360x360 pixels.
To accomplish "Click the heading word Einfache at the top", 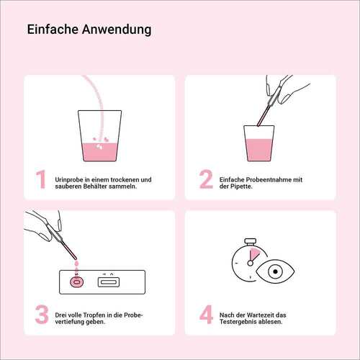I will point(51,30).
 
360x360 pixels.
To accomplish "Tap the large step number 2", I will point(205,181).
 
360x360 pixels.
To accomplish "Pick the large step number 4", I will point(205,316).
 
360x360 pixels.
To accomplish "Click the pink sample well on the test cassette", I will point(76,282).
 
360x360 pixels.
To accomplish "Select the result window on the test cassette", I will point(110,282).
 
